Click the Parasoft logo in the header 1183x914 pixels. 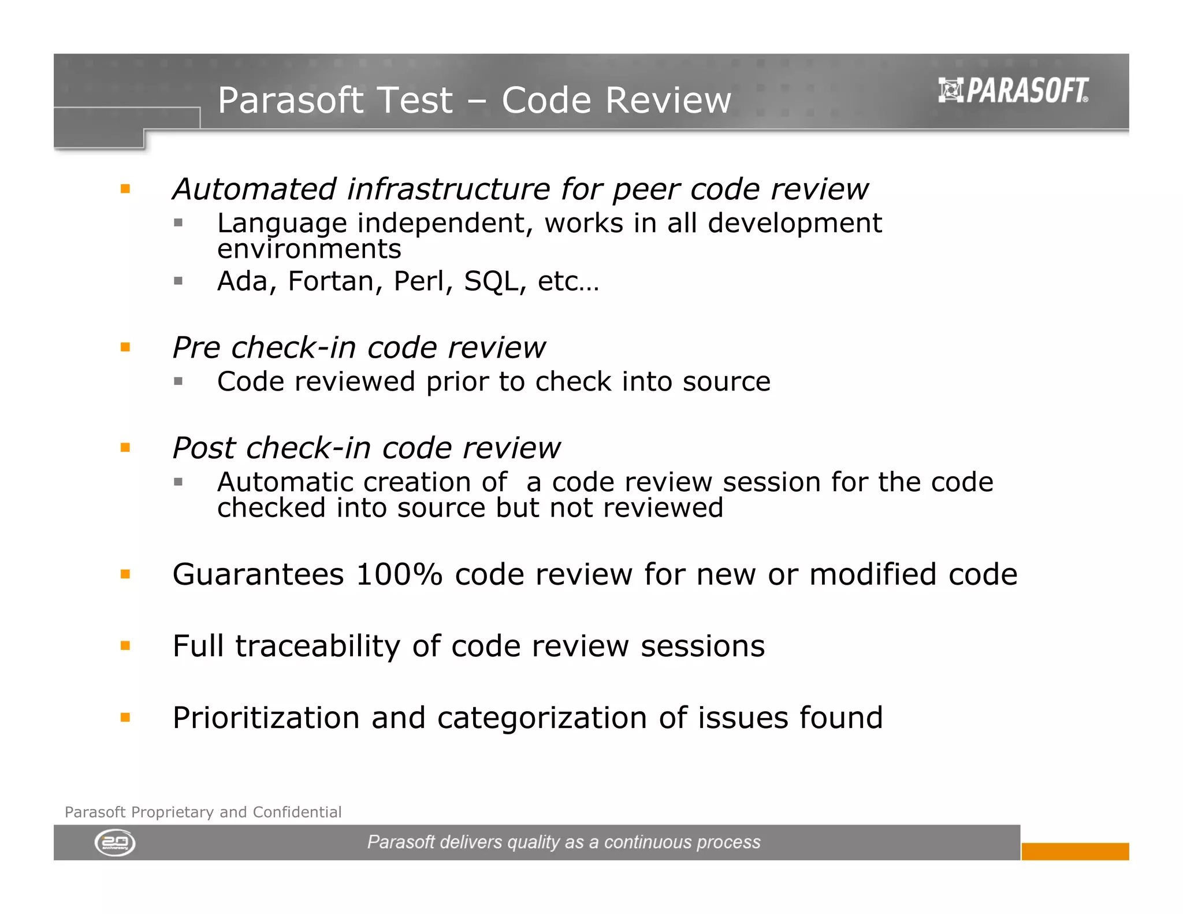tap(1013, 91)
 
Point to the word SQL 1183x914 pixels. tap(490, 281)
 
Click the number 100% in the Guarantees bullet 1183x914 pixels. tap(399, 574)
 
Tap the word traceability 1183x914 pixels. tap(317, 646)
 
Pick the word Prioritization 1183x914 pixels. tap(266, 718)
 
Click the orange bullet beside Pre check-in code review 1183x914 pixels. tap(125, 347)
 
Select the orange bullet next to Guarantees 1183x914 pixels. tap(125, 574)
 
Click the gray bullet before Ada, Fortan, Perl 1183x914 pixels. tap(178, 281)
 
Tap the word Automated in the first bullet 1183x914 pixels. tap(254, 189)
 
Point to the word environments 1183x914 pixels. tap(309, 250)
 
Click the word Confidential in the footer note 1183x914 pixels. tap(297, 812)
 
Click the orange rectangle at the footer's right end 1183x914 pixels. tap(1074, 851)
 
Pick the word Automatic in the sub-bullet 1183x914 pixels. tap(286, 482)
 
